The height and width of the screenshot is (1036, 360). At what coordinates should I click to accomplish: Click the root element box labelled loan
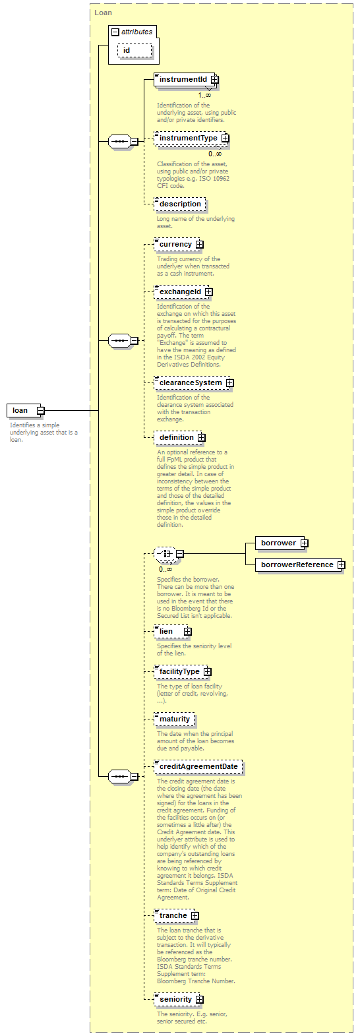[26, 410]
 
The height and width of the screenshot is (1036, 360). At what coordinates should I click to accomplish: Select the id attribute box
[135, 50]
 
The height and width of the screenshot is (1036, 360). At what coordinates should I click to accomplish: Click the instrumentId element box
[186, 80]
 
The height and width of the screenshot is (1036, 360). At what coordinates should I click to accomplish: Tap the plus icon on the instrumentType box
[225, 138]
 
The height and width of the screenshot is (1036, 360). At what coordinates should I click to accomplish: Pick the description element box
[180, 204]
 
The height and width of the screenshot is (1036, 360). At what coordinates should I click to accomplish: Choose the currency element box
[179, 244]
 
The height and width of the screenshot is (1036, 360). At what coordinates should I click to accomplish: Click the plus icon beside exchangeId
[209, 292]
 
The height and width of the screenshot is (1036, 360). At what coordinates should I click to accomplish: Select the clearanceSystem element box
[194, 383]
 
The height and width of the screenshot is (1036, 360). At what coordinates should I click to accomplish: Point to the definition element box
[179, 437]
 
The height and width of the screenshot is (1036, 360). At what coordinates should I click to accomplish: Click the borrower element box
[282, 543]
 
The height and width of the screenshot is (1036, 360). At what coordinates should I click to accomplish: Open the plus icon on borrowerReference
[341, 564]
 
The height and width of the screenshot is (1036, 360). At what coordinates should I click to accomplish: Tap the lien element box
[172, 631]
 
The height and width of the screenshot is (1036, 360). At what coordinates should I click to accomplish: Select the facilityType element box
[183, 671]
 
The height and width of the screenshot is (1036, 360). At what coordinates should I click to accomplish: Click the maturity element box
[174, 719]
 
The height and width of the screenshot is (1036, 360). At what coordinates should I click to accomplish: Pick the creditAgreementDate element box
[198, 766]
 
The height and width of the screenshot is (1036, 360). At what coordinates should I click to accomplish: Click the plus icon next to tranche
[195, 916]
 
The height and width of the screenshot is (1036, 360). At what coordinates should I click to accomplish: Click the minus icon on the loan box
[41, 410]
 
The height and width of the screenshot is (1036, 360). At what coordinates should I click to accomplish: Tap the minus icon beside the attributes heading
[115, 32]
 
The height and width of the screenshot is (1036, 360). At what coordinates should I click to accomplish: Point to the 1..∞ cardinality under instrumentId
[204, 95]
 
